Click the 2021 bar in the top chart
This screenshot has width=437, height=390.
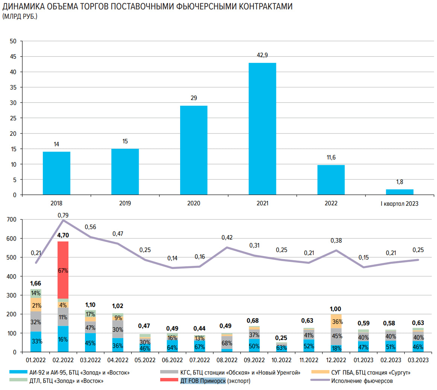(262, 129)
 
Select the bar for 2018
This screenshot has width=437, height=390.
(56, 173)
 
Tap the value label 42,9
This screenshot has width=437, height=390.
(262, 55)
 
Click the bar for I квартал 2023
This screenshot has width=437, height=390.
(399, 192)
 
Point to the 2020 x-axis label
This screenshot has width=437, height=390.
(194, 203)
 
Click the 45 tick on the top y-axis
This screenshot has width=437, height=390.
(13, 56)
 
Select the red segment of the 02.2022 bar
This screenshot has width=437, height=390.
(63, 270)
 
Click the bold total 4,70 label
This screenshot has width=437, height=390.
(63, 235)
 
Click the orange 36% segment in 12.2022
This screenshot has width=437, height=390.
(336, 322)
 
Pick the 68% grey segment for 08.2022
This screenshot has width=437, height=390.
(227, 343)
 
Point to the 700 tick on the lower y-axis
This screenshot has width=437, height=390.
(12, 220)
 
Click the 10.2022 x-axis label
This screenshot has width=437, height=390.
(281, 360)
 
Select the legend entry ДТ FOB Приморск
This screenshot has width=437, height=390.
(203, 381)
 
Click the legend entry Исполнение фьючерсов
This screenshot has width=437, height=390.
(362, 381)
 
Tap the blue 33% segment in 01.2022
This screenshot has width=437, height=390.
(36, 341)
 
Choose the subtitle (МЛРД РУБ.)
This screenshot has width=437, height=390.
(20, 17)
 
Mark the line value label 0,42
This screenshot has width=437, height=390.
(227, 238)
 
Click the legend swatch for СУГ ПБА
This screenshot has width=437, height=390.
(320, 372)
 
